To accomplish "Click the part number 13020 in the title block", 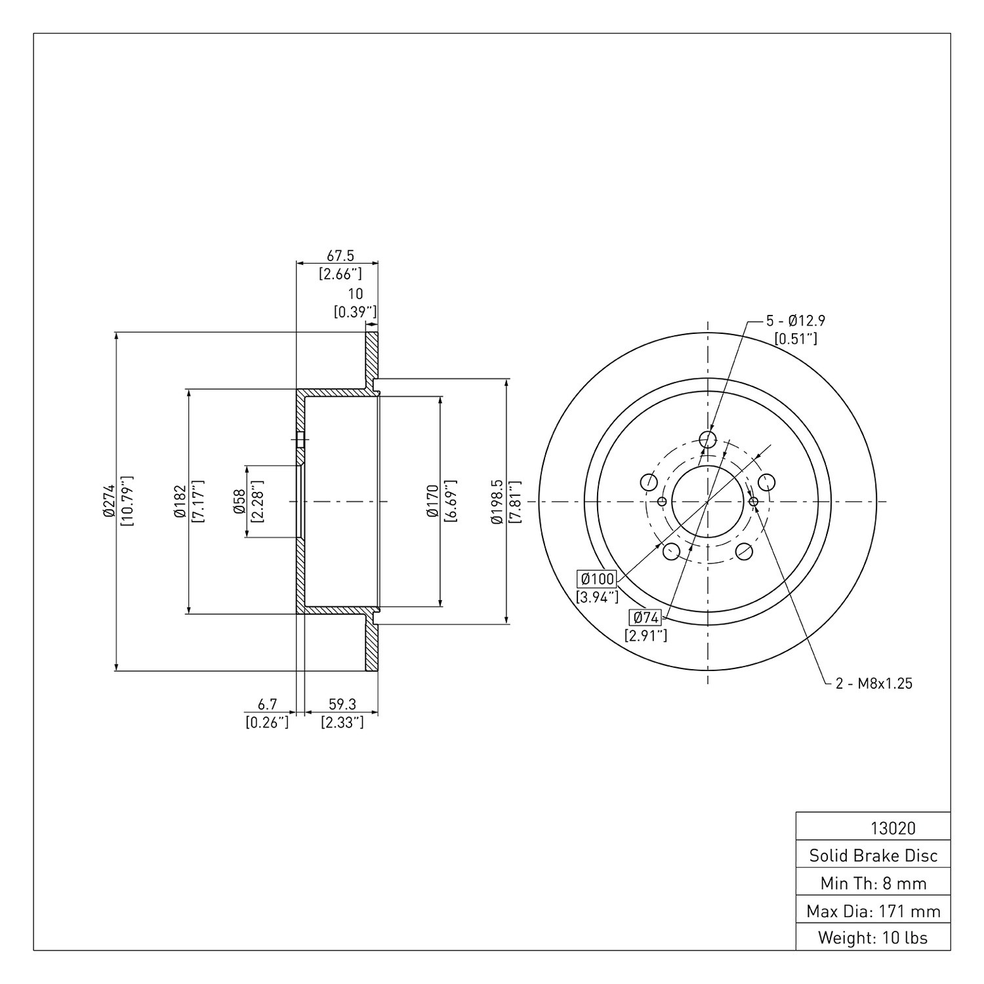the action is tap(892, 829).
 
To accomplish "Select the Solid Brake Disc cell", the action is tap(873, 855).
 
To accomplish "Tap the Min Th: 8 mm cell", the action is tap(873, 882).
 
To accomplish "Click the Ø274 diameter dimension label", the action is tap(108, 502).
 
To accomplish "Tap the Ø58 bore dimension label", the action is tap(239, 502).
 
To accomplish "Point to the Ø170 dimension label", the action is tap(432, 502).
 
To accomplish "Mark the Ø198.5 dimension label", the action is tap(497, 502).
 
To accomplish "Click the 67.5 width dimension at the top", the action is tap(340, 256).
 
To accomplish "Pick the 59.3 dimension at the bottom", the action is tap(342, 704).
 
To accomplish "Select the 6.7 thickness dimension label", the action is tap(267, 704).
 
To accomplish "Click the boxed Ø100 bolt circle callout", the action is tap(596, 579).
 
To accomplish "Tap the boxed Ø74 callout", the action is tap(645, 617).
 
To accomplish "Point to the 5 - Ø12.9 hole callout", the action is tap(796, 321).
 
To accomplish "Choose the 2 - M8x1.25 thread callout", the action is tap(874, 684).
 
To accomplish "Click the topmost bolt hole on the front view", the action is tap(708, 440).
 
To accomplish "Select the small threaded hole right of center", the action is tap(753, 502).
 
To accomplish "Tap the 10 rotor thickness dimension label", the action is tap(356, 295).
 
